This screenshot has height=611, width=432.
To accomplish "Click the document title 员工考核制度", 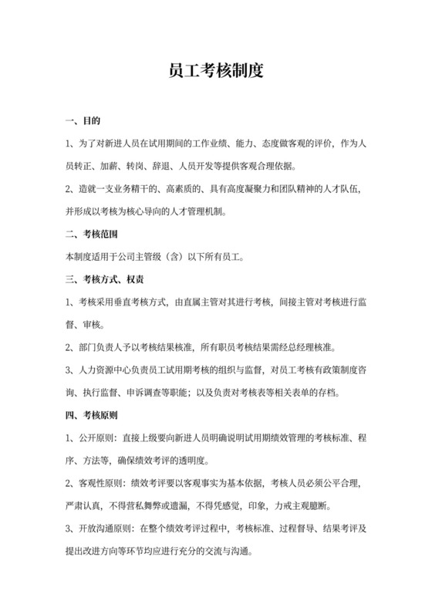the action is (x=216, y=72).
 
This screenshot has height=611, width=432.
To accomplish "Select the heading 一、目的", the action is (x=84, y=122).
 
